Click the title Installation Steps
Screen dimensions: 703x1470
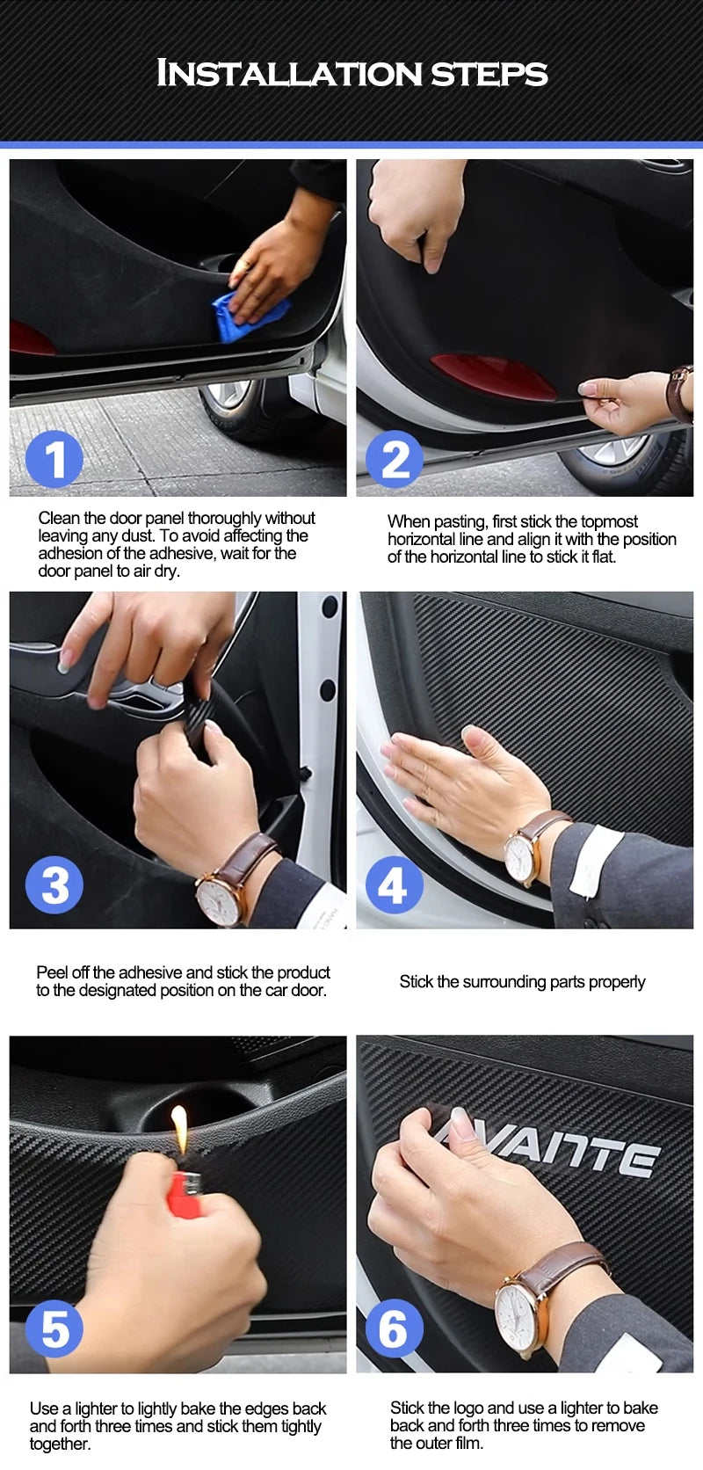(352, 73)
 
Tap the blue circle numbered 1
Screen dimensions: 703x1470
(54, 459)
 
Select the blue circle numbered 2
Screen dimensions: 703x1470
(395, 459)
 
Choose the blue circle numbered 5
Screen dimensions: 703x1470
(54, 1328)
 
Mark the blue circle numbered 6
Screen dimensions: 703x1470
(394, 1328)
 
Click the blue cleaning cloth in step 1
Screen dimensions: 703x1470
(250, 317)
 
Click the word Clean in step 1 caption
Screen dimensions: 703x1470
(59, 518)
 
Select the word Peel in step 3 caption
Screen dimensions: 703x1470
(52, 972)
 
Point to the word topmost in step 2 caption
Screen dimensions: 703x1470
(609, 521)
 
